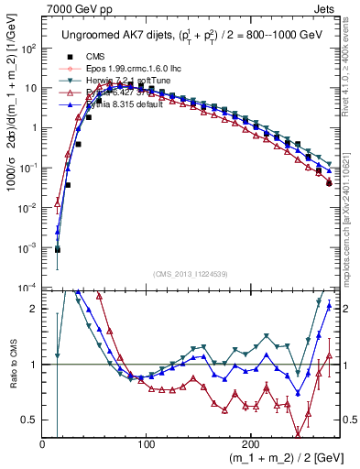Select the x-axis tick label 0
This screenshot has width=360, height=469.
pos(42,442)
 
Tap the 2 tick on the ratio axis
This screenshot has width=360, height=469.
pos(35,309)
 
